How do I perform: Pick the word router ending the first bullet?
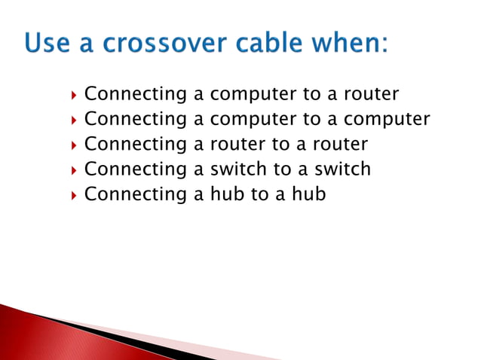(371, 95)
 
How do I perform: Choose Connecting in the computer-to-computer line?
(135, 120)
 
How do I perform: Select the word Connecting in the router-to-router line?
(135, 145)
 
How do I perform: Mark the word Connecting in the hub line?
(135, 194)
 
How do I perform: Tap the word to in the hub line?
(259, 194)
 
